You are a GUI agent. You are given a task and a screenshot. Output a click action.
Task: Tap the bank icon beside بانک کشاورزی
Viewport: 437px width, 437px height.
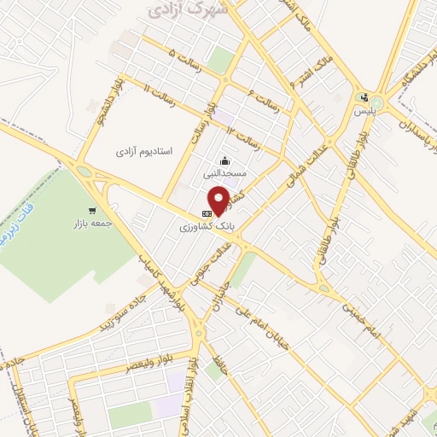pyautogui.click(x=206, y=213)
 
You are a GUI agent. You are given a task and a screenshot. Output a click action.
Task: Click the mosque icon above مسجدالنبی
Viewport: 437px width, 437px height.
pyautogui.click(x=224, y=160)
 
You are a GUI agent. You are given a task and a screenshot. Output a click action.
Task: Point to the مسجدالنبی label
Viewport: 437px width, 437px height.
pyautogui.click(x=224, y=172)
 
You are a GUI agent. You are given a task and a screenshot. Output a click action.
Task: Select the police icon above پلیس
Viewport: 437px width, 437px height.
pyautogui.click(x=365, y=97)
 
